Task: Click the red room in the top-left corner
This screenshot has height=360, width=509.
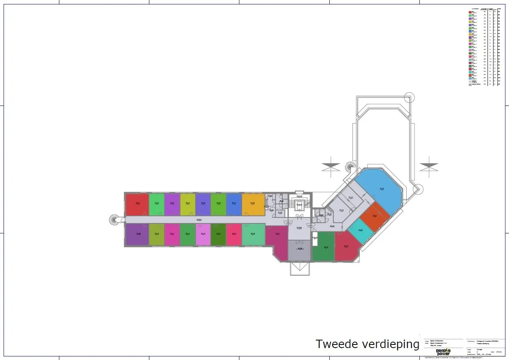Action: click(x=137, y=204)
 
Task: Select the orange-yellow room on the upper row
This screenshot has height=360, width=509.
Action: click(x=253, y=204)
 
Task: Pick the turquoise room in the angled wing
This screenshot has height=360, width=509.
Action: click(x=360, y=231)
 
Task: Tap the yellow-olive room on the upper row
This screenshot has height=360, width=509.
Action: click(x=188, y=204)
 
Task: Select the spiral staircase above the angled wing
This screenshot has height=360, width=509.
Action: click(x=350, y=166)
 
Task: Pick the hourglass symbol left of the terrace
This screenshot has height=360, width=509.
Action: click(x=331, y=167)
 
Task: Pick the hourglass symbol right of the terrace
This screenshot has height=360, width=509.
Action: click(x=429, y=167)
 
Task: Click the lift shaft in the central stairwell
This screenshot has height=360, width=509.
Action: click(x=300, y=205)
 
